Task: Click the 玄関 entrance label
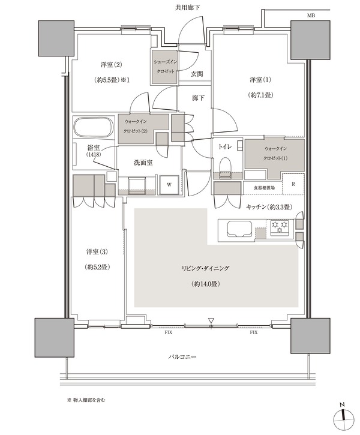(197, 74)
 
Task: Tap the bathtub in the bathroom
(94, 127)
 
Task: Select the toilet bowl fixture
(225, 167)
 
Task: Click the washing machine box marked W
(169, 185)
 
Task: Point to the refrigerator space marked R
(293, 184)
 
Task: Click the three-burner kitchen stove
(280, 228)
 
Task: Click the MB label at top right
(311, 16)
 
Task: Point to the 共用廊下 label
(187, 7)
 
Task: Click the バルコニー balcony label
(182, 356)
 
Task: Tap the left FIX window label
(168, 332)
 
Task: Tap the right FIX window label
(253, 332)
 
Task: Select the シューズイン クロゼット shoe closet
(164, 67)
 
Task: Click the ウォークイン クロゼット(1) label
(275, 154)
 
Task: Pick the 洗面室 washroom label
(143, 163)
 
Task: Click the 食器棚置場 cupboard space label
(265, 188)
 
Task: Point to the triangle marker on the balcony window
(211, 321)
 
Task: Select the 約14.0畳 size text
(206, 284)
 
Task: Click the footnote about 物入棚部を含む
(86, 400)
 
